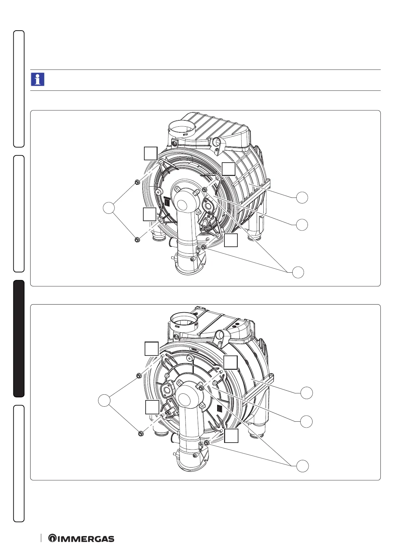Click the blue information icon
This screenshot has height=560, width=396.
click(38, 79)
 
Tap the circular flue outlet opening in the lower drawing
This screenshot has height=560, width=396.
click(184, 321)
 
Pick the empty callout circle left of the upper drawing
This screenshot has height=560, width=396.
click(109, 208)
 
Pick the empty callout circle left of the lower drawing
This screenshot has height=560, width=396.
click(104, 400)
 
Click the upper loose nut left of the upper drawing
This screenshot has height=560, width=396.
click(137, 182)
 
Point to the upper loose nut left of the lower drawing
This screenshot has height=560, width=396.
click(138, 375)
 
